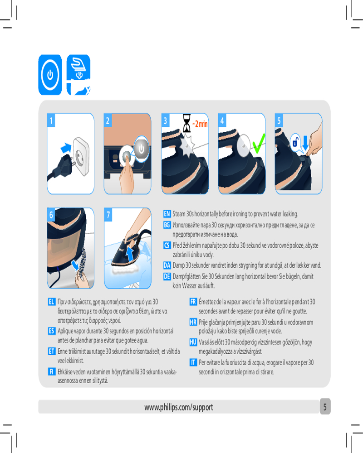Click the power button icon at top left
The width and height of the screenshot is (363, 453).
tap(50, 75)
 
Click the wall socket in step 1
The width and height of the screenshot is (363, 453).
tap(81, 156)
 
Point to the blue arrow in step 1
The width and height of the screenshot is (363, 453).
tap(66, 148)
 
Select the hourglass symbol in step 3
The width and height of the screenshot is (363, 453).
tap(186, 123)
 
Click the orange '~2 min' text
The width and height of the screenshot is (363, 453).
tap(200, 124)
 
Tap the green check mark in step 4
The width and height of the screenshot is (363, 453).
tap(259, 143)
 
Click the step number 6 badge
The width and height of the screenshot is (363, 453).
tap(51, 215)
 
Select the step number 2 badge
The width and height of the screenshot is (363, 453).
tap(108, 120)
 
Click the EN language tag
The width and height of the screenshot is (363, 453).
tap(167, 214)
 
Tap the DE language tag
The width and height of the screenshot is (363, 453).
tap(167, 276)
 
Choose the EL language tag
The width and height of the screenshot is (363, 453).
tap(52, 302)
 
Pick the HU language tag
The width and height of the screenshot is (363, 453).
tap(193, 342)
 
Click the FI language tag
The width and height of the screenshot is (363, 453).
tap(52, 371)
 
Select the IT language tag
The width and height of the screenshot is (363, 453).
tap(193, 362)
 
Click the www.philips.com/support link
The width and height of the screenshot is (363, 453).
tap(179, 407)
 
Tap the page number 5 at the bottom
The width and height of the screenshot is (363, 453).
tap(325, 407)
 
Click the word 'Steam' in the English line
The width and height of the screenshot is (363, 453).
tap(179, 214)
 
